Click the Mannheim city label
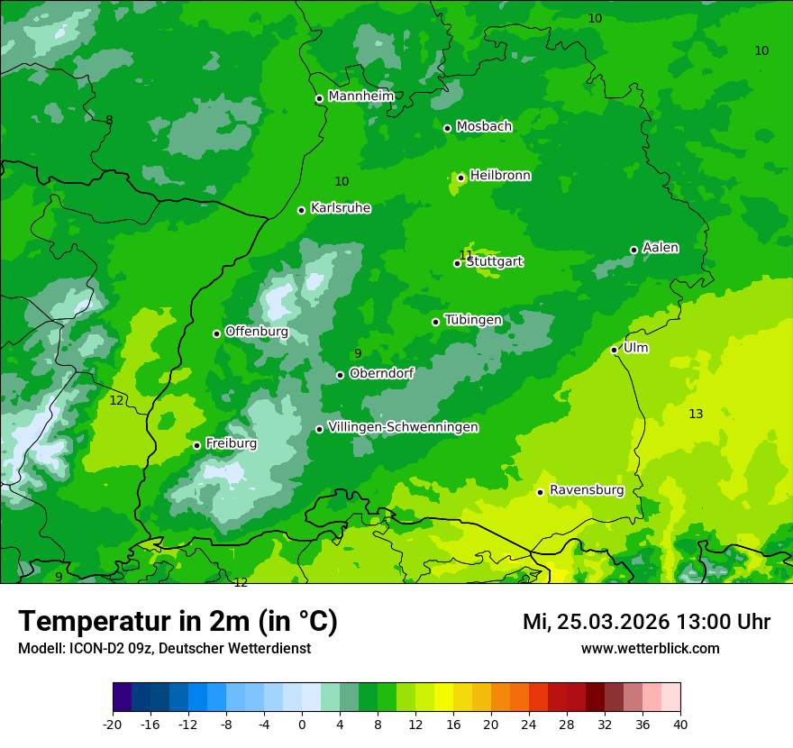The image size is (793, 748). [360, 96]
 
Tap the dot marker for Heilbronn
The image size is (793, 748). [460, 178]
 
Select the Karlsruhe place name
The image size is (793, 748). [340, 208]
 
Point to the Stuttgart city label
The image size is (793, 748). [494, 262]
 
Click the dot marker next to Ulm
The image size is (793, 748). [614, 350]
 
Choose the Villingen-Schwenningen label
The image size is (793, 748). [403, 427]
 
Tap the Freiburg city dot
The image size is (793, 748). [196, 445]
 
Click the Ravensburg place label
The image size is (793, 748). [586, 490]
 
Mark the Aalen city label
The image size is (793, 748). [660, 248]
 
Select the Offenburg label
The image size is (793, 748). [256, 332]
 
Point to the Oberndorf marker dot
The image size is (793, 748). [340, 375]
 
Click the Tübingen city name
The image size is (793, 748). [472, 320]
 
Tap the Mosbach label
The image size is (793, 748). [483, 127]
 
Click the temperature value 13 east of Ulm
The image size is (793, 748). [696, 414]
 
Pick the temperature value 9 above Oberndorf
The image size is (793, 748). [358, 354]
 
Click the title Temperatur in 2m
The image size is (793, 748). [178, 622]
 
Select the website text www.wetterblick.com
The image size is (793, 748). [650, 648]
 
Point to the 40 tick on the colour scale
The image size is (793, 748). [680, 723]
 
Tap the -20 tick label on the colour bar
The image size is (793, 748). [113, 723]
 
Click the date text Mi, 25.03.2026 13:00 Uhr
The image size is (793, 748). [646, 622]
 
